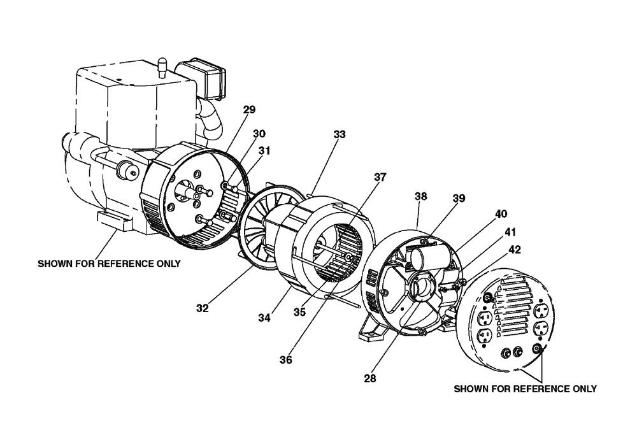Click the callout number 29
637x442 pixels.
coord(249,110)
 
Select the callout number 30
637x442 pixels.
coord(259,134)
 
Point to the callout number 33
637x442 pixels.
coord(339,134)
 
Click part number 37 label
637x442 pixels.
coord(380,177)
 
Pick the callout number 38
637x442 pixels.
coord(422,197)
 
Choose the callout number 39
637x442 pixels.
coord(459,199)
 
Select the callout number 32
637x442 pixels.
coord(203,308)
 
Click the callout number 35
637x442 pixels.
coord(300,313)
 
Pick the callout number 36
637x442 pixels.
coord(285,360)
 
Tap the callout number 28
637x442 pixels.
coord(370,378)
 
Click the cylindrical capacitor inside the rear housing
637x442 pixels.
coord(421,258)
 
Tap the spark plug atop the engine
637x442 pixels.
coord(162,65)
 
